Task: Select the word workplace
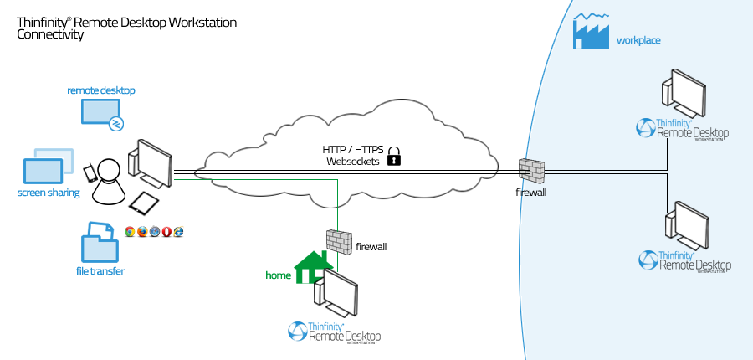point(638,39)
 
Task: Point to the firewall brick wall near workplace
point(530,171)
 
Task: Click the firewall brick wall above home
point(338,241)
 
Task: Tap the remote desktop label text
point(101,90)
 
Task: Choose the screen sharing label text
point(49,193)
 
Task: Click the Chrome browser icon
point(129,231)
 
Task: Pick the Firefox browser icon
point(141,231)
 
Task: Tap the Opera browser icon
point(166,231)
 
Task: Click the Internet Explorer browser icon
point(178,231)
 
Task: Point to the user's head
point(110,170)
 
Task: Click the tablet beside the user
point(145,202)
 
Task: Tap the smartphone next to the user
point(89,173)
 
